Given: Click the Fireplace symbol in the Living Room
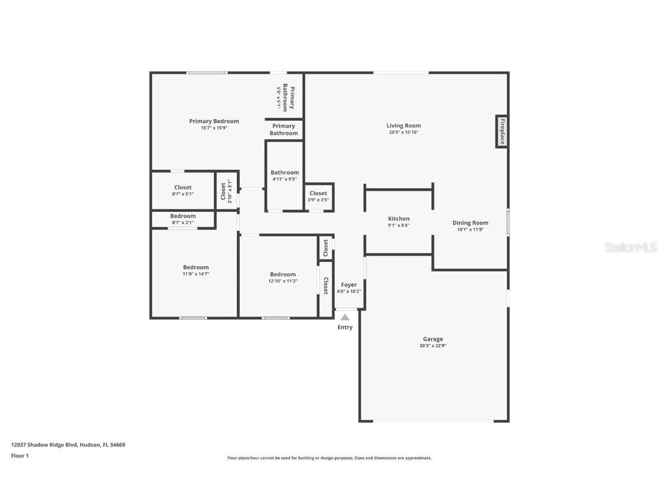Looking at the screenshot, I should tap(502, 132).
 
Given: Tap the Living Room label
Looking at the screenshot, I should tap(403, 126).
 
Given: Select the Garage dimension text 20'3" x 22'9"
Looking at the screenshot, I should tap(432, 346).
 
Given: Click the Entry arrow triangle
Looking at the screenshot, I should tap(345, 317).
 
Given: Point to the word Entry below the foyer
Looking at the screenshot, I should tap(345, 328).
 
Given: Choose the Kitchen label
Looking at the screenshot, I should tap(399, 219).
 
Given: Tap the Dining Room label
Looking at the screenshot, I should tap(470, 223).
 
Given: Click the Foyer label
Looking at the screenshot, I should tap(349, 285).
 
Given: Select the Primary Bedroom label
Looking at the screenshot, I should tap(214, 121).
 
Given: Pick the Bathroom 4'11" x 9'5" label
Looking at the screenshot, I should tap(284, 173).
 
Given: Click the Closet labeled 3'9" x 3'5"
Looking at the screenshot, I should tap(318, 193).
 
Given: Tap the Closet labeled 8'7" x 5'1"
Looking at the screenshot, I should tap(183, 188).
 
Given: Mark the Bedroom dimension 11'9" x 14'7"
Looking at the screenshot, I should tap(196, 274).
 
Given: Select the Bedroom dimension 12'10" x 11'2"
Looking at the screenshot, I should tap(283, 281).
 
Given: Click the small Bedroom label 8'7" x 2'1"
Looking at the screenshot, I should tap(183, 216).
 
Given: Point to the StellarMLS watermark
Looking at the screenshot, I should tap(630, 248).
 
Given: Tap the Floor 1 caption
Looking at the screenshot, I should tap(19, 456).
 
